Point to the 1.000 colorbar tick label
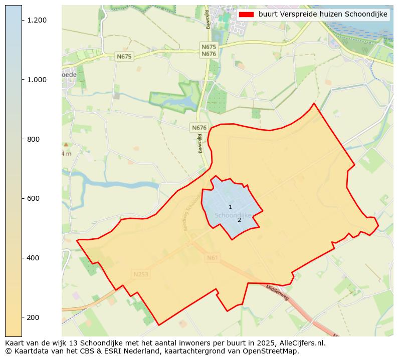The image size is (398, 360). tap(37, 80)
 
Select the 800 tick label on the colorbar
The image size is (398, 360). tap(34, 139)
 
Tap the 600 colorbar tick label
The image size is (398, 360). tap(34, 198)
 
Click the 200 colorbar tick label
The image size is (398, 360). tap(34, 317)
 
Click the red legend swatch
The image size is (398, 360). tap(247, 15)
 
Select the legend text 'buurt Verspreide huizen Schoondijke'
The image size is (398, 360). tap(323, 15)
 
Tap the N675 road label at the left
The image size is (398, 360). tap(124, 57)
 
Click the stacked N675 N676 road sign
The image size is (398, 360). tap(209, 51)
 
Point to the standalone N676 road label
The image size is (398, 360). tap(199, 128)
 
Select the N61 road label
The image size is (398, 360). tap(213, 258)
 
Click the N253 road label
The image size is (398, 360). tap(141, 274)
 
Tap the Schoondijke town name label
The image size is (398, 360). tap(233, 215)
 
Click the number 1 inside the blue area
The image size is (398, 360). tap(230, 207)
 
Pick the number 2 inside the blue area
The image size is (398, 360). tap(239, 220)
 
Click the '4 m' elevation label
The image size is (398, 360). tap(66, 154)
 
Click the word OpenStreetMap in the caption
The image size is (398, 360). tap(273, 351)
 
